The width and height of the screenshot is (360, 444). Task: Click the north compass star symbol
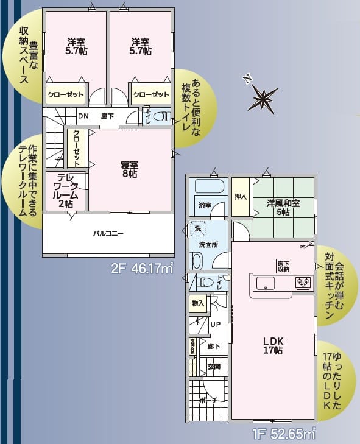click(x=262, y=97)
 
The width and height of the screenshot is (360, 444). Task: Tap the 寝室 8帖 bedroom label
click(x=128, y=169)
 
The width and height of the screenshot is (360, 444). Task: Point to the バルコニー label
click(x=108, y=233)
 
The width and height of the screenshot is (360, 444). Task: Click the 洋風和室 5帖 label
click(x=283, y=208)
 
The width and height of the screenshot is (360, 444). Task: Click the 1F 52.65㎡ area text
click(x=284, y=434)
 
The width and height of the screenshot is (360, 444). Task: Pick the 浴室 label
click(x=205, y=205)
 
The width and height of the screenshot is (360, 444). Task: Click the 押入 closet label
click(x=241, y=197)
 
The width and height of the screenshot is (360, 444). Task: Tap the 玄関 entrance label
click(x=213, y=367)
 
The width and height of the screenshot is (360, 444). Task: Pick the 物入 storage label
click(x=197, y=303)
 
